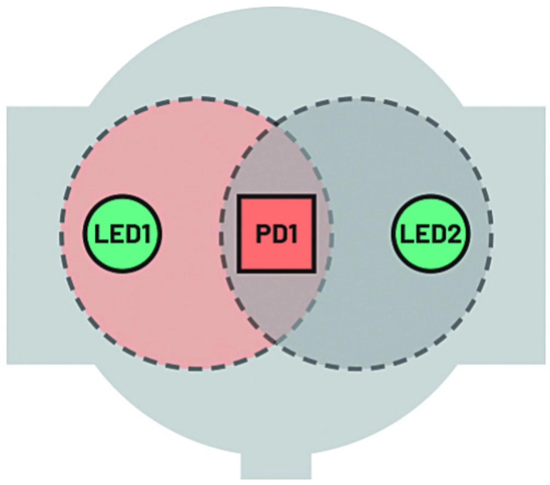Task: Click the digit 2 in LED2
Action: tap(452, 234)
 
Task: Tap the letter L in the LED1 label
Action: tap(101, 234)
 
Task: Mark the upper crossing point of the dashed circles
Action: tap(276, 125)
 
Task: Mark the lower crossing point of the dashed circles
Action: tap(276, 342)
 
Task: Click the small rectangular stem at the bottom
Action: tap(276, 466)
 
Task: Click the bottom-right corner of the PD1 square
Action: tap(314, 271)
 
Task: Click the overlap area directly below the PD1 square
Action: tap(276, 305)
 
